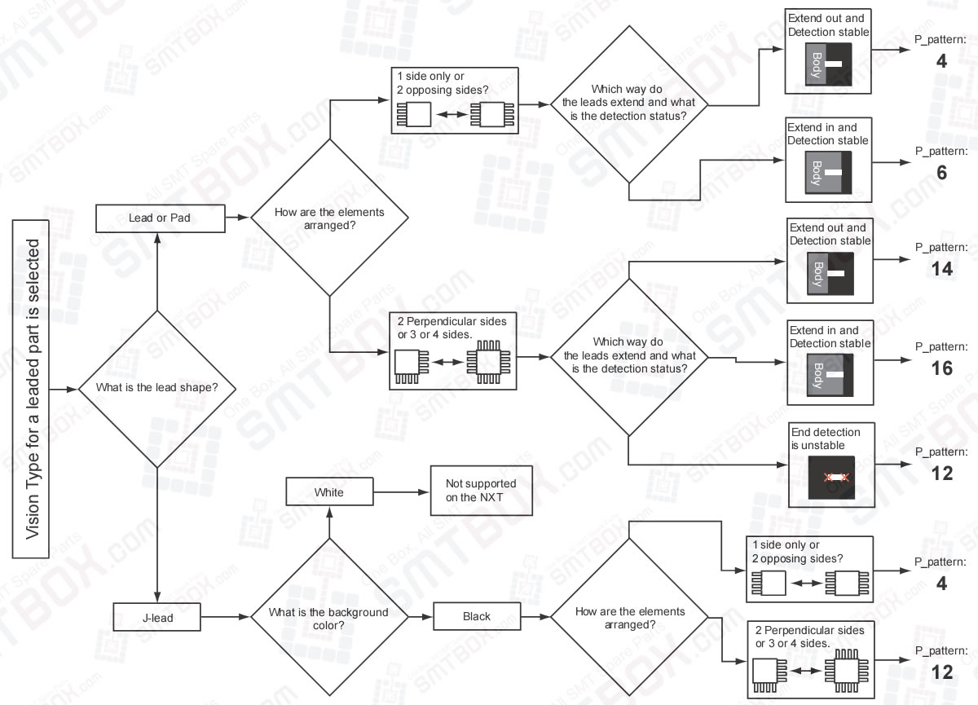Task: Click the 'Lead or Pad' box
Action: (161, 218)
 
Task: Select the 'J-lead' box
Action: (155, 617)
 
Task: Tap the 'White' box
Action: (328, 492)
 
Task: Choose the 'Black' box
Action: (476, 616)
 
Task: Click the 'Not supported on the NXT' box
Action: (481, 490)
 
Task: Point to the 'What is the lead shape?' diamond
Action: (156, 388)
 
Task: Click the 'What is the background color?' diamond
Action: (328, 617)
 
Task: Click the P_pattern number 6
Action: (941, 173)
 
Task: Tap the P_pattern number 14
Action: (941, 269)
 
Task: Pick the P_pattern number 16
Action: (941, 368)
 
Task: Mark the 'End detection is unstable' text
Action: (819, 439)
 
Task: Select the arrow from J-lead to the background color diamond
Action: (224, 617)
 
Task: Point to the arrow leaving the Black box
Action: (535, 617)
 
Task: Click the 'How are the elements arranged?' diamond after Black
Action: (629, 617)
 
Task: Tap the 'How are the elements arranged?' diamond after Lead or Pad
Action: (328, 218)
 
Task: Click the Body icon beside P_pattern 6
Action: (828, 173)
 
